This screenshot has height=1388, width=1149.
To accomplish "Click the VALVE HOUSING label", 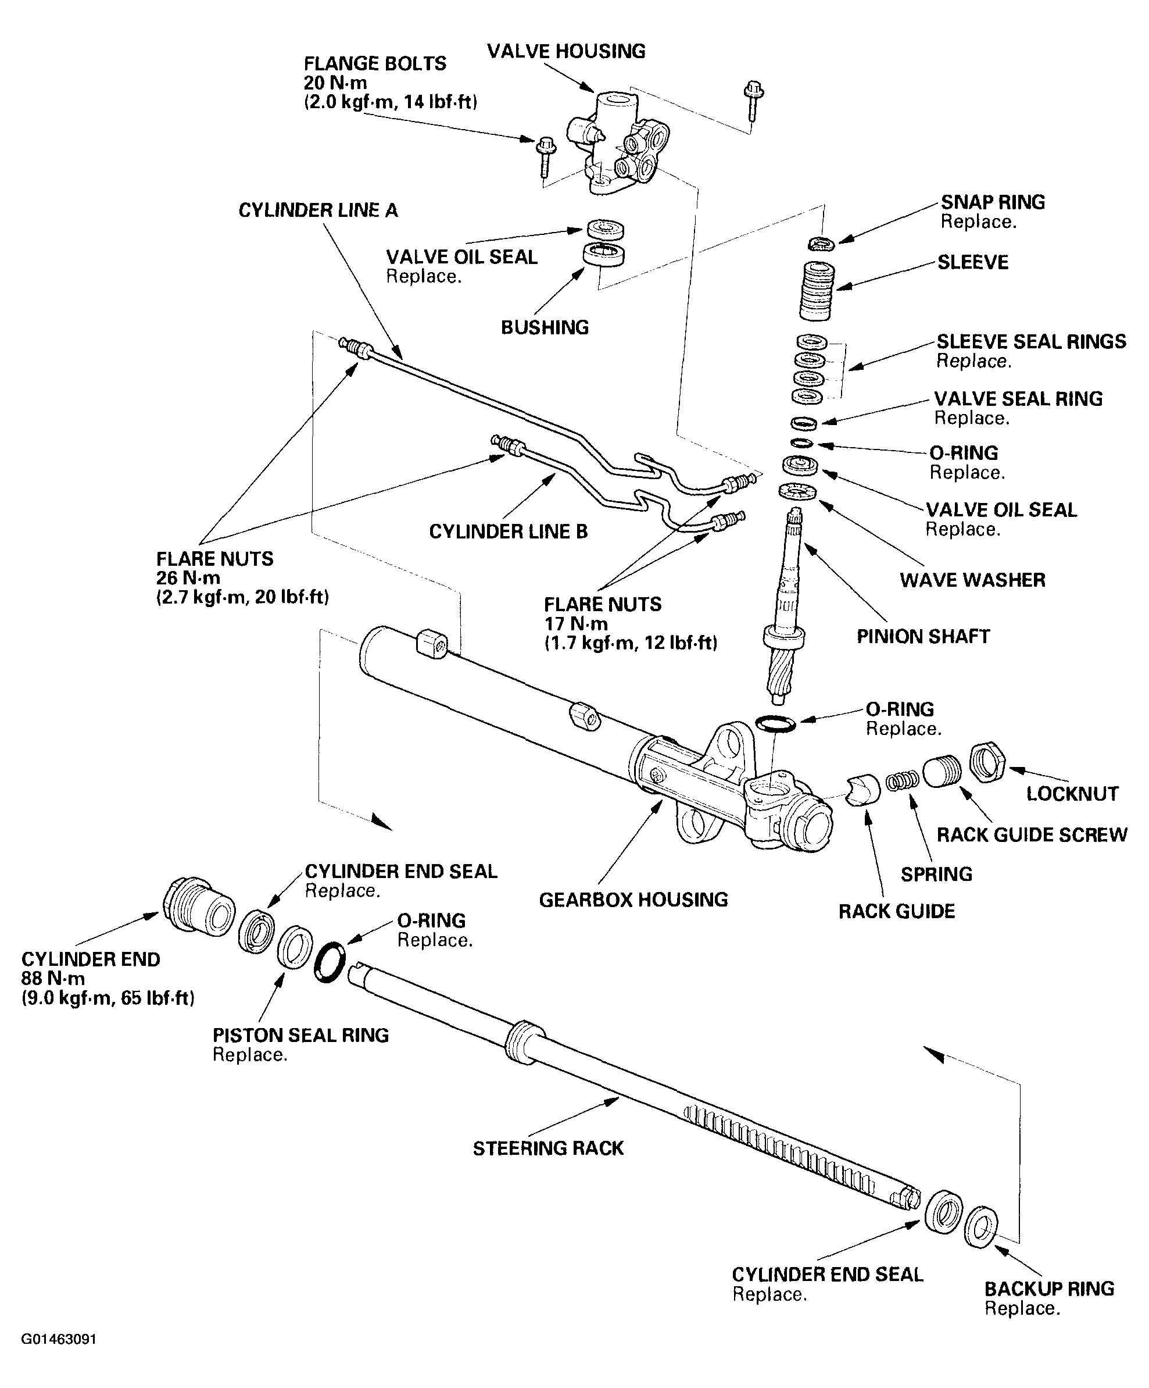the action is (x=565, y=52).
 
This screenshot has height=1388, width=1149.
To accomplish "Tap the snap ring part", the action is (x=821, y=244).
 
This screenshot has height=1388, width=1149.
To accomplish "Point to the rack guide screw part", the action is (x=942, y=770).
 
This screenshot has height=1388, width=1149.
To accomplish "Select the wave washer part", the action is (x=798, y=492).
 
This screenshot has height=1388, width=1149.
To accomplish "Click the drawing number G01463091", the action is (x=59, y=1339).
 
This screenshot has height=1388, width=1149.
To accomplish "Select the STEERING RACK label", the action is (x=547, y=1148).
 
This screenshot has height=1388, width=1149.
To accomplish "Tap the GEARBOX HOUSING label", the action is (x=633, y=900).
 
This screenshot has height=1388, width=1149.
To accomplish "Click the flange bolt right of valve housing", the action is (x=752, y=101).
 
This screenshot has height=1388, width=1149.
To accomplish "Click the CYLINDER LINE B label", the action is (x=508, y=531).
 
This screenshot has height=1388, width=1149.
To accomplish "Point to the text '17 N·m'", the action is (x=575, y=624).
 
